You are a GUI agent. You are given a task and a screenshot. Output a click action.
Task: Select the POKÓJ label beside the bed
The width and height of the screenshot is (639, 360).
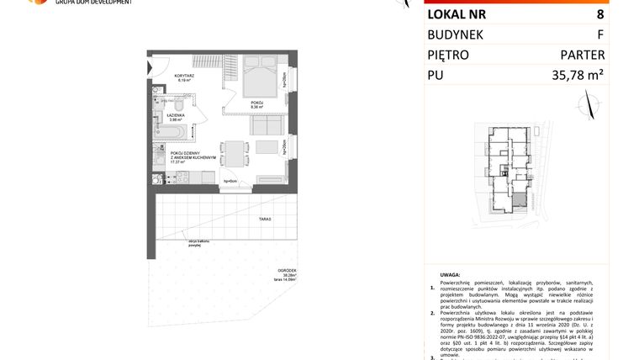[x=257, y=103]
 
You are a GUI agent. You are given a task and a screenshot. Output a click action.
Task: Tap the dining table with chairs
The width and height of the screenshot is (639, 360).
[x=234, y=151]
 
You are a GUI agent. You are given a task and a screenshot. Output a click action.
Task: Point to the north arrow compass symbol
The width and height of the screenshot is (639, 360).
[x=589, y=103]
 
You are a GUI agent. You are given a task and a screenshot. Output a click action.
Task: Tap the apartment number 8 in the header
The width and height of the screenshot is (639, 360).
[x=599, y=14]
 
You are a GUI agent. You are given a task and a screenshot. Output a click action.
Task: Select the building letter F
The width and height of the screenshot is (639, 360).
[x=599, y=34]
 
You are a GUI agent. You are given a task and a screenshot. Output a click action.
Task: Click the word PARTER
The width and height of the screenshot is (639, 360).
[x=582, y=55]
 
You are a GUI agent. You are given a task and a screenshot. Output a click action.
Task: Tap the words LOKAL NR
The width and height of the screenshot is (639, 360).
[x=457, y=14]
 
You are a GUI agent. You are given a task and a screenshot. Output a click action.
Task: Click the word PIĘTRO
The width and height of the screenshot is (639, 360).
[x=448, y=55]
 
